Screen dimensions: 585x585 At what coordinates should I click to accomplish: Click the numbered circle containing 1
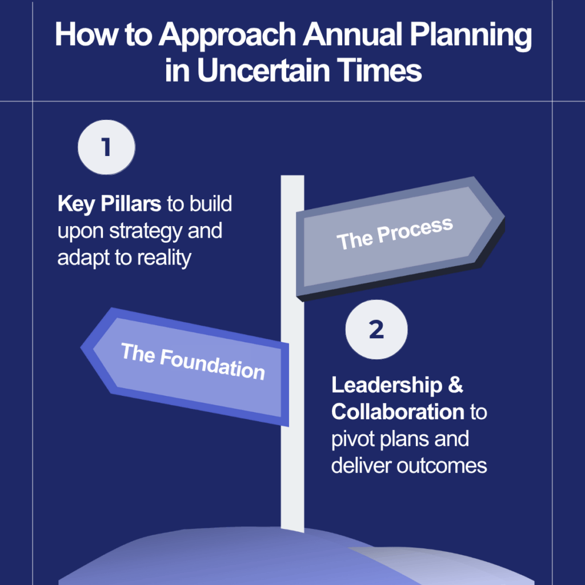pyautogui.click(x=106, y=147)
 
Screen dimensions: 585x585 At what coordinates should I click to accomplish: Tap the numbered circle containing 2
pyautogui.click(x=376, y=330)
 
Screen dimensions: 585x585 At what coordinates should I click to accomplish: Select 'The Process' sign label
pyautogui.click(x=395, y=234)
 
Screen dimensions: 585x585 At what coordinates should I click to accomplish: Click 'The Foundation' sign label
pyautogui.click(x=193, y=361)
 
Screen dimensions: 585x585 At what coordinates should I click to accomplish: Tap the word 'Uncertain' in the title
pyautogui.click(x=263, y=70)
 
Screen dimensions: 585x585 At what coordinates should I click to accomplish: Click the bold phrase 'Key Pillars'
pyautogui.click(x=109, y=205)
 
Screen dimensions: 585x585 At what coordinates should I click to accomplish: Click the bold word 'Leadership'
pyautogui.click(x=387, y=386)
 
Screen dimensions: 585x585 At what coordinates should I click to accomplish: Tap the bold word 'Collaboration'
pyautogui.click(x=398, y=412)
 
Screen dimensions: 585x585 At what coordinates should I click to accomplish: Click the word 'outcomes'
pyautogui.click(x=442, y=466)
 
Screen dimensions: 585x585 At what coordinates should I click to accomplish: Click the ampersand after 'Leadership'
pyautogui.click(x=455, y=385)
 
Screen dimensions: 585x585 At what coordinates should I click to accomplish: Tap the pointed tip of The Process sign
pyautogui.click(x=504, y=217)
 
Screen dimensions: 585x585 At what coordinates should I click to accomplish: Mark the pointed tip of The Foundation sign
pyautogui.click(x=81, y=348)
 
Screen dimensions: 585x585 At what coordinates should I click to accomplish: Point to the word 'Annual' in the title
pyautogui.click(x=352, y=34)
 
